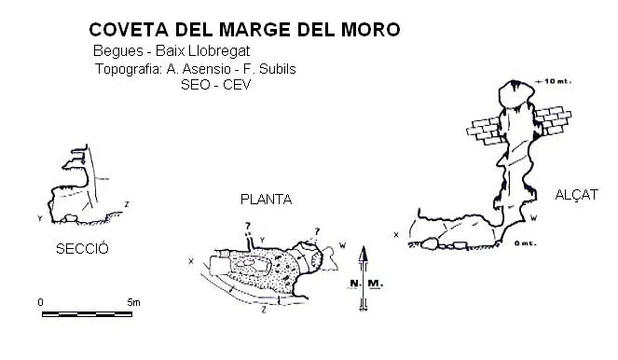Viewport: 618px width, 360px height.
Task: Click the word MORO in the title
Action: pyautogui.click(x=370, y=30)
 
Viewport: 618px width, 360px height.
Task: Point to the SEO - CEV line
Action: pyautogui.click(x=215, y=85)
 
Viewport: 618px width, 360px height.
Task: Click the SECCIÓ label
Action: pyautogui.click(x=82, y=248)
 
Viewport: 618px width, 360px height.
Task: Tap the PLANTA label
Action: pyautogui.click(x=266, y=200)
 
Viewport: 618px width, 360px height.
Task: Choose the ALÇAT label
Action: pyautogui.click(x=577, y=194)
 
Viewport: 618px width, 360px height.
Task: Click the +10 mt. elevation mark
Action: pyautogui.click(x=554, y=82)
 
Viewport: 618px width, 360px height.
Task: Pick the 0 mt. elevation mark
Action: pyautogui.click(x=525, y=243)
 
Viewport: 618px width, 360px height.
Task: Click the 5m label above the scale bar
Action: pyautogui.click(x=133, y=302)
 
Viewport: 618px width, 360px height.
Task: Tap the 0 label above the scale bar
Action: pyautogui.click(x=41, y=302)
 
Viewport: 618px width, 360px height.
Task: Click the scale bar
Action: pyautogui.click(x=87, y=314)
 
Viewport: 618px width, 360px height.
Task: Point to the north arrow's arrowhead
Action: pyautogui.click(x=364, y=254)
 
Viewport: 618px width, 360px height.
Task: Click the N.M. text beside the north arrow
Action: pyautogui.click(x=366, y=284)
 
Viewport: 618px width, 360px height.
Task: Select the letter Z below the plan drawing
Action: pyautogui.click(x=264, y=310)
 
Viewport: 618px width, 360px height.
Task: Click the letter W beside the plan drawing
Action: pyautogui.click(x=342, y=245)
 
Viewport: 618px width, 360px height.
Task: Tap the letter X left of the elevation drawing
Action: pyautogui.click(x=396, y=235)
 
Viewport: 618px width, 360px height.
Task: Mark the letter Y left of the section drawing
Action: pyautogui.click(x=40, y=218)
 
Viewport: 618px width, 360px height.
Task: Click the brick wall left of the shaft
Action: pyautogui.click(x=484, y=131)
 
